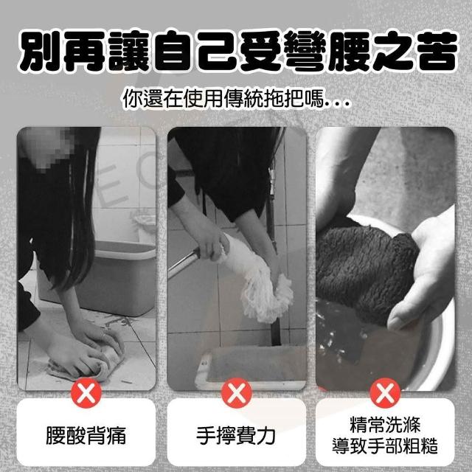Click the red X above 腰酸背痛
point(86,393)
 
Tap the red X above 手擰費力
point(236,393)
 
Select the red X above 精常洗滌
point(385,393)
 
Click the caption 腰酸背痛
point(86,436)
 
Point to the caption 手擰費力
point(236,436)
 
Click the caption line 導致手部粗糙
point(385,445)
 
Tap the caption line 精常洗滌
point(385,425)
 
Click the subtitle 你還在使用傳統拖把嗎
point(225,98)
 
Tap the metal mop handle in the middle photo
point(184,263)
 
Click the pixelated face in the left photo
point(48,147)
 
